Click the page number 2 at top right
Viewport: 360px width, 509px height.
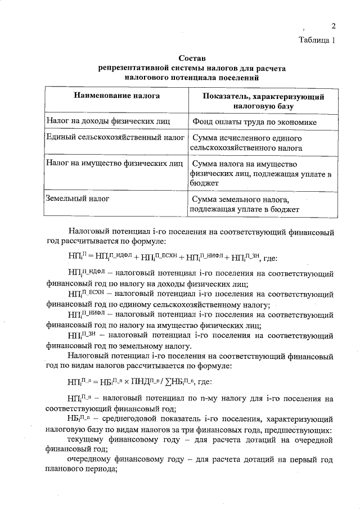tap(333, 26)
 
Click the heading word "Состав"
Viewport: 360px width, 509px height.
tap(192, 58)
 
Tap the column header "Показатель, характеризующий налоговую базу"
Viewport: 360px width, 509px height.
tap(261, 101)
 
